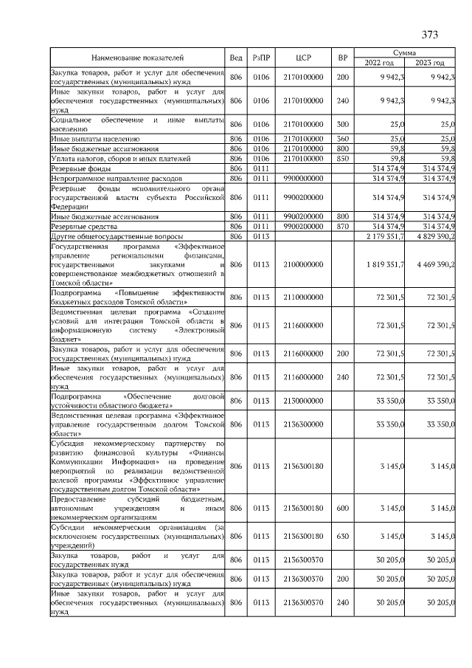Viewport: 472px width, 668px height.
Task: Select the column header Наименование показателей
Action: click(x=137, y=58)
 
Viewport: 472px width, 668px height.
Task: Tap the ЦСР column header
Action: click(x=305, y=58)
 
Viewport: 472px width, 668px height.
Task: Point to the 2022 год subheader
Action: click(x=379, y=63)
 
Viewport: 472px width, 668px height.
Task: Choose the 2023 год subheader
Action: click(x=430, y=63)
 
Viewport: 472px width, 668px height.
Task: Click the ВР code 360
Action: click(x=342, y=138)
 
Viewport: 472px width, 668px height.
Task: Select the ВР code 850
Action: click(x=342, y=158)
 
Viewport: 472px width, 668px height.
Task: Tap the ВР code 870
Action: click(x=342, y=226)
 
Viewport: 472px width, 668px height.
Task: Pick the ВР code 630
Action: click(x=342, y=535)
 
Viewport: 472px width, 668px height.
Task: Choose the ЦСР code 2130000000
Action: click(x=305, y=401)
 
